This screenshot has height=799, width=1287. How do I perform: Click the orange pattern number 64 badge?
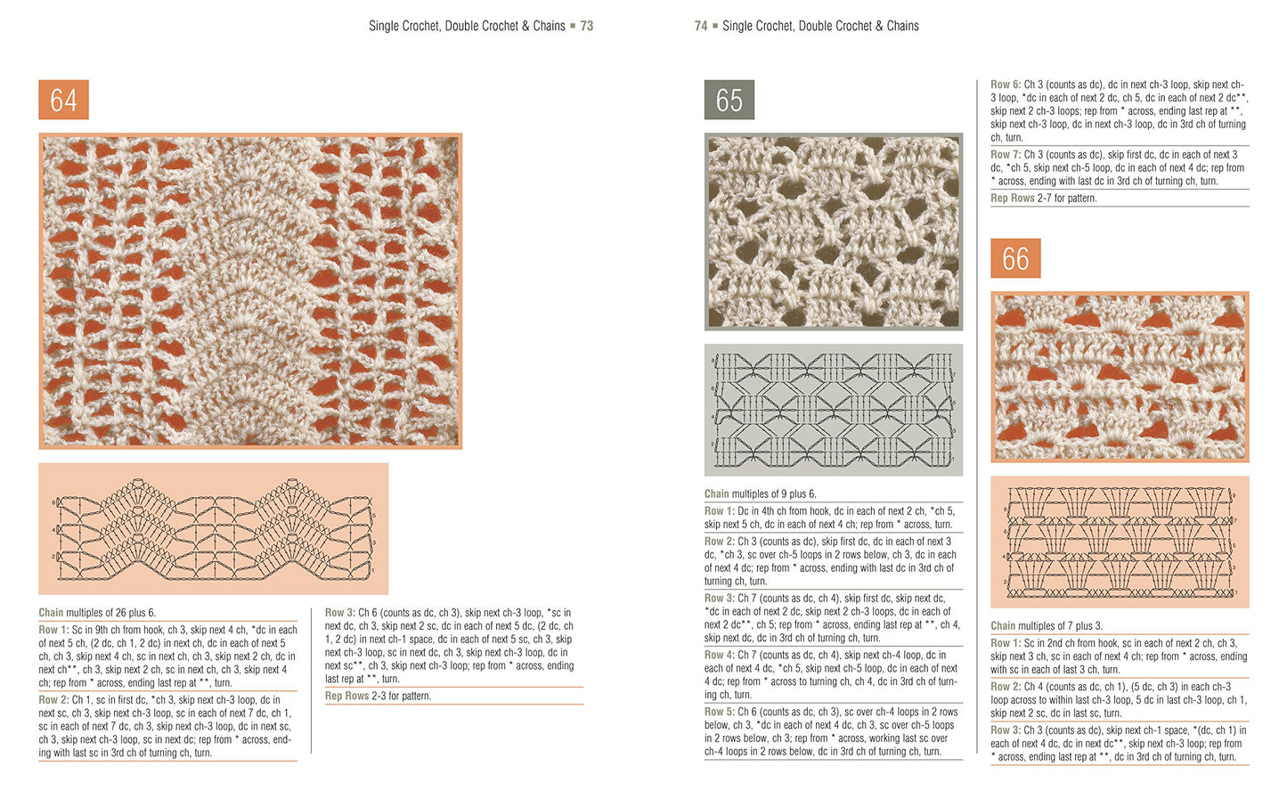pyautogui.click(x=63, y=100)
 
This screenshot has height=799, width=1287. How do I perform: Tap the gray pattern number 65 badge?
pyautogui.click(x=729, y=100)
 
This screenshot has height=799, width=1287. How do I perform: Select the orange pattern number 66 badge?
pyautogui.click(x=1015, y=258)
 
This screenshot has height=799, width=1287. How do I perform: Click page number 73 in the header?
pyautogui.click(x=587, y=26)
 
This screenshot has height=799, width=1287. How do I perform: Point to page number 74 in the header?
pyautogui.click(x=701, y=26)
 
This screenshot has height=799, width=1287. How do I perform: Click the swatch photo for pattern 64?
pyautogui.click(x=250, y=290)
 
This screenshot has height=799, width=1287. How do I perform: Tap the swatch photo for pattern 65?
pyautogui.click(x=833, y=232)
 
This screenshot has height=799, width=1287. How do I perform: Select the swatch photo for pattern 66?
pyautogui.click(x=1120, y=376)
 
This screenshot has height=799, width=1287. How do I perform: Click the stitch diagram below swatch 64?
pyautogui.click(x=213, y=528)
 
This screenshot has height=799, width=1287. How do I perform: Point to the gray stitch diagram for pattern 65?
pyautogui.click(x=833, y=410)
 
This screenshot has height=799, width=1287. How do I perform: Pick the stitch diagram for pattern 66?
pyautogui.click(x=1120, y=542)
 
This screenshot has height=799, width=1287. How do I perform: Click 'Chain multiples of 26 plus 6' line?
pyautogui.click(x=97, y=613)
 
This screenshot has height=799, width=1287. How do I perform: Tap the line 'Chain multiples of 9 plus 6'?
pyautogui.click(x=760, y=493)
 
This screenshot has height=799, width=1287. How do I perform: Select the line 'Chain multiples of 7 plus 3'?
pyautogui.click(x=1047, y=626)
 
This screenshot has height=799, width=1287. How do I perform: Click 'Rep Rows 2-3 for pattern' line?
pyautogui.click(x=378, y=696)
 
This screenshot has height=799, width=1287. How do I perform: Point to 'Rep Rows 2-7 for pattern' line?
pyautogui.click(x=1043, y=199)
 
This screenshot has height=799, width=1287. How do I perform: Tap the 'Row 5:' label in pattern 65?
pyautogui.click(x=720, y=712)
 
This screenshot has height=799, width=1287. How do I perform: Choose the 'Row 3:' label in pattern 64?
pyautogui.click(x=340, y=613)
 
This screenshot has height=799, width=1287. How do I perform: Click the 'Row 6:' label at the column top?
pyautogui.click(x=1006, y=85)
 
